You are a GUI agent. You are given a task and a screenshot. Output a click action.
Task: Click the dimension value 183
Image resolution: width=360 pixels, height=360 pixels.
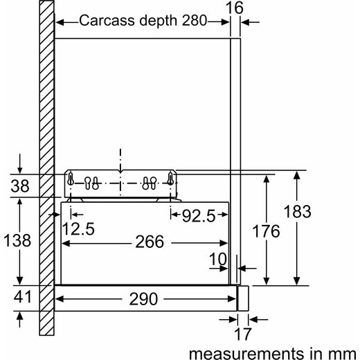click(x=297, y=211)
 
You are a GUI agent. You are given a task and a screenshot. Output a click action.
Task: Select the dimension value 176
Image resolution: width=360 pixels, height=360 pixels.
click(x=266, y=231)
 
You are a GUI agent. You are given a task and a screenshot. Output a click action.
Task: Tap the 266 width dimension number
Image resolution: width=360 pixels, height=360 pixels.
click(x=150, y=242)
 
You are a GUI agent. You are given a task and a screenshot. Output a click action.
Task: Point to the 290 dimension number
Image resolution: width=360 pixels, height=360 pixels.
click(x=143, y=299)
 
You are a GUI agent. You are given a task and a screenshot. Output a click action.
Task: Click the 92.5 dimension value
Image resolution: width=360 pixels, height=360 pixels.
click(x=199, y=216)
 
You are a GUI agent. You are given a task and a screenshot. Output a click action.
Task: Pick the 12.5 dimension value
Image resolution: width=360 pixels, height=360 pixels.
click(x=78, y=228)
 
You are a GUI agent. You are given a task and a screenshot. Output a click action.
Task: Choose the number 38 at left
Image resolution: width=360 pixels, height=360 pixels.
click(x=20, y=186)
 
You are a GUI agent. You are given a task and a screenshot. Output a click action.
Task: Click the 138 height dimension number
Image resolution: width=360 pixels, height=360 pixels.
click(x=17, y=240)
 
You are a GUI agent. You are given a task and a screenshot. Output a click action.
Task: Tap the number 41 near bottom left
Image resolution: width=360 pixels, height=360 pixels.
click(x=22, y=296)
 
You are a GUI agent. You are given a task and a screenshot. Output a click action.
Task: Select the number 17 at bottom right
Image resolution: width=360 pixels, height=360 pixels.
click(x=242, y=334)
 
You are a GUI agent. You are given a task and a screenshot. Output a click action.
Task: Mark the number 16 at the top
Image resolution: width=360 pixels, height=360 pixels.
click(x=234, y=8)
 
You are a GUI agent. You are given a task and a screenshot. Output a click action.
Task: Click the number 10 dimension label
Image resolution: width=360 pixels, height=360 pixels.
click(x=218, y=259)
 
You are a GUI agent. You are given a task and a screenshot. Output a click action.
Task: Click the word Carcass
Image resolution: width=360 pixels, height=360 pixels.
click(x=107, y=20)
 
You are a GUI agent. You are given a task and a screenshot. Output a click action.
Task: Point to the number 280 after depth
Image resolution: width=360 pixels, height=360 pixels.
click(x=195, y=20)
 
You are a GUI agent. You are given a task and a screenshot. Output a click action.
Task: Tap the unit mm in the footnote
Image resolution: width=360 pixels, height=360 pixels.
click(x=344, y=354)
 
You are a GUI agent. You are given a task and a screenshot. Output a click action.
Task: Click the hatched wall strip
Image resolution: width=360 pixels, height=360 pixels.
click(x=47, y=168)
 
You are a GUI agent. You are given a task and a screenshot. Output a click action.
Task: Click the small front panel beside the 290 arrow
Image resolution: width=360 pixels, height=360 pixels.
click(x=243, y=298)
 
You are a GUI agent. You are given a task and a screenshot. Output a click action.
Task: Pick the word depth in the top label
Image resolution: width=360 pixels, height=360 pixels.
click(x=158, y=21)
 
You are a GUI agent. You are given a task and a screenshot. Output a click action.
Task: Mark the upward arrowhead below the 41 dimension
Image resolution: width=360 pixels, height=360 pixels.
click(x=20, y=316)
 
